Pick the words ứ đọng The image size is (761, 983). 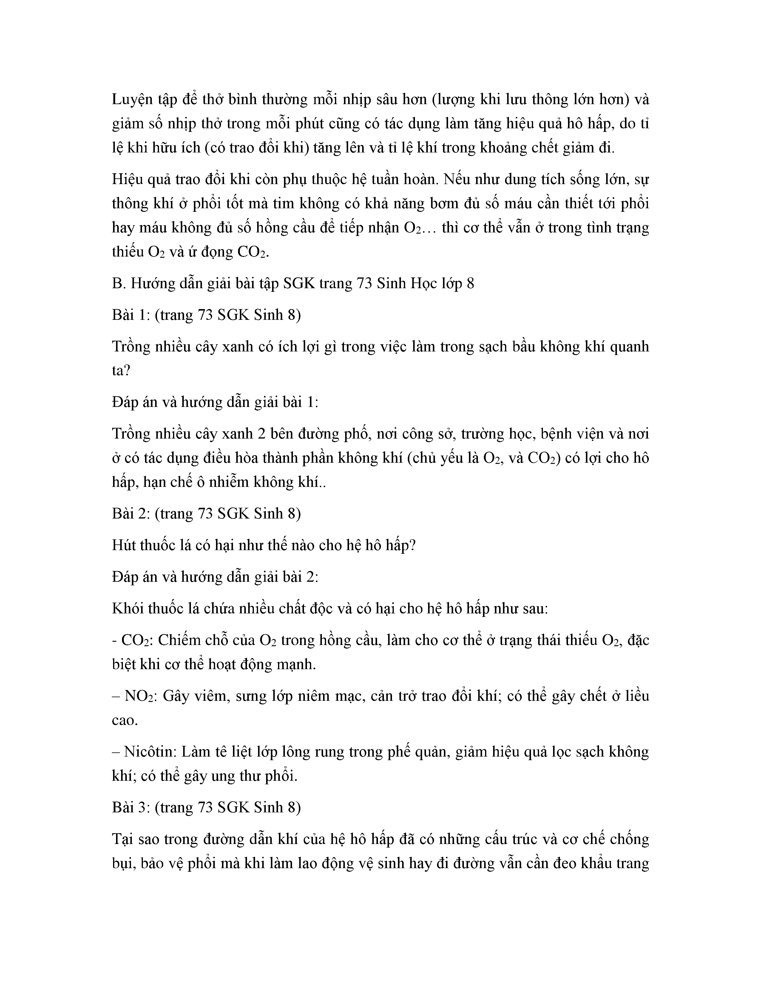205,251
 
